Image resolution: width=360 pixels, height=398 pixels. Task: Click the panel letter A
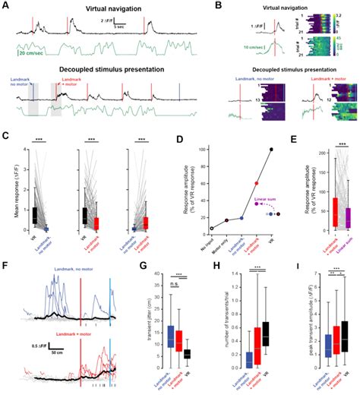pyautogui.click(x=5, y=5)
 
